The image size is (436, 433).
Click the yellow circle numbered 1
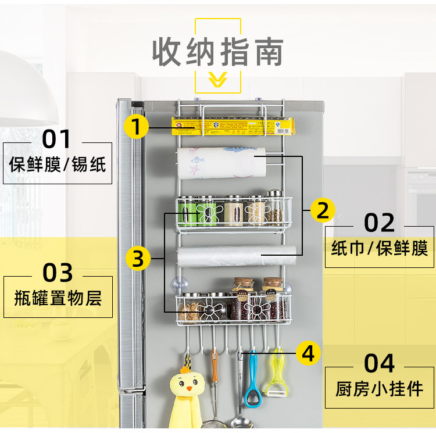pyautogui.click(x=136, y=127)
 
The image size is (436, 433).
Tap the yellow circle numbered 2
pyautogui.click(x=323, y=210)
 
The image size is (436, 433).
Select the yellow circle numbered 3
pyautogui.click(x=138, y=258)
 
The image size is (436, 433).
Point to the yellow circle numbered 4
pyautogui.click(x=308, y=353)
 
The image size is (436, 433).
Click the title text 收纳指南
pyautogui.click(x=218, y=52)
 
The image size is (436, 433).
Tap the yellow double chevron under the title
pyautogui.click(x=218, y=79)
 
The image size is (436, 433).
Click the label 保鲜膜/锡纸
pyautogui.click(x=58, y=164)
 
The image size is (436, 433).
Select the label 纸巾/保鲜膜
pyautogui.click(x=379, y=248)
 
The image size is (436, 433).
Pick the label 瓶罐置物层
pyautogui.click(x=58, y=298)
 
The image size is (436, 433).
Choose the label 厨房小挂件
pyautogui.click(x=379, y=388)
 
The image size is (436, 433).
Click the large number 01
pyautogui.click(x=56, y=139)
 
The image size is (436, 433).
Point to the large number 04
pyautogui.click(x=379, y=363)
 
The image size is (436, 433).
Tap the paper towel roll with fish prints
pyautogui.click(x=221, y=163)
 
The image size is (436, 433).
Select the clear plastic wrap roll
pyautogui.click(x=237, y=256)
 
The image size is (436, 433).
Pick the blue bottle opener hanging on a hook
pyautogui.click(x=252, y=379)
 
